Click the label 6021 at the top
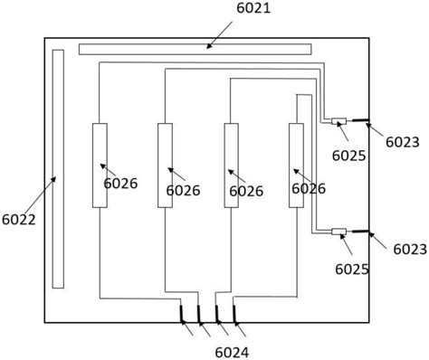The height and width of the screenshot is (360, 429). pyautogui.click(x=253, y=8)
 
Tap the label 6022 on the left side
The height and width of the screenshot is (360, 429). pyautogui.click(x=19, y=220)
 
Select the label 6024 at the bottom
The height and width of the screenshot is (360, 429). pyautogui.click(x=232, y=353)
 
